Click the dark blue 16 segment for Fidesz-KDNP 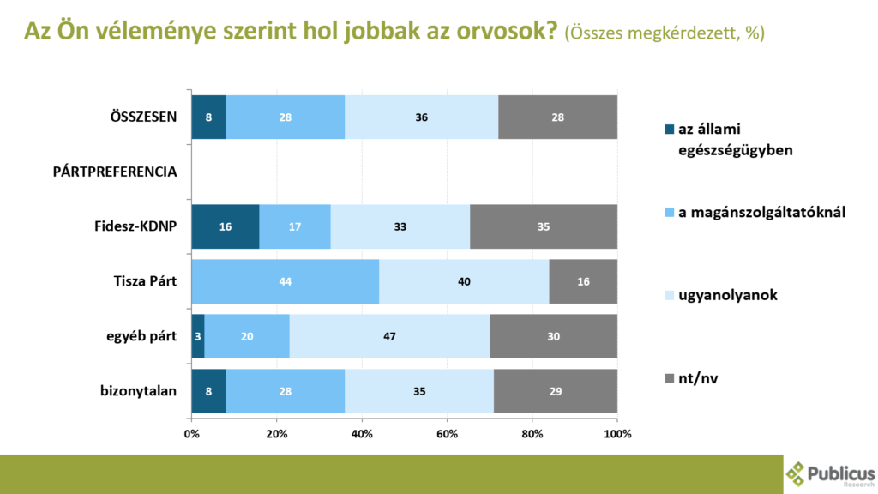coord(225,227)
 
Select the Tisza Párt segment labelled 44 coord(285,281)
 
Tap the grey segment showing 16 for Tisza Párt coord(583,281)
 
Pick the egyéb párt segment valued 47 coord(389,336)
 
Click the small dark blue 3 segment coord(198,336)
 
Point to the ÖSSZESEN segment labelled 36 coord(421,117)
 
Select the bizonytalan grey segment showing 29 coord(555,391)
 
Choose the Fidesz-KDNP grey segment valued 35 coord(544,227)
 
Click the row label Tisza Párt coord(145,281)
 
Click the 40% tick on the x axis coord(362,434)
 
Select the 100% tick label coord(616,434)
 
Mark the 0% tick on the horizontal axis coord(191,434)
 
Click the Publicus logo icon coord(796,473)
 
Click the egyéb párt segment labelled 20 coord(247,336)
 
